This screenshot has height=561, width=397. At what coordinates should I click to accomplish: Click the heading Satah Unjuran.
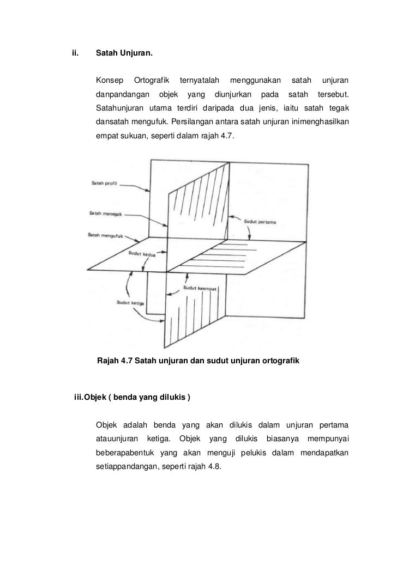pos(124,54)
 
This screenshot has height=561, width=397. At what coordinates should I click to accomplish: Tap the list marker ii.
pos(76,54)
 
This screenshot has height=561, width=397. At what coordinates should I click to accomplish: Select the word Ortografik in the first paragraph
pos(152,81)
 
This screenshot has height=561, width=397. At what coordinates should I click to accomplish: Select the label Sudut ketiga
pos(129,303)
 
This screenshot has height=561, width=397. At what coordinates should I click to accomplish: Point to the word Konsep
pos(109,81)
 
